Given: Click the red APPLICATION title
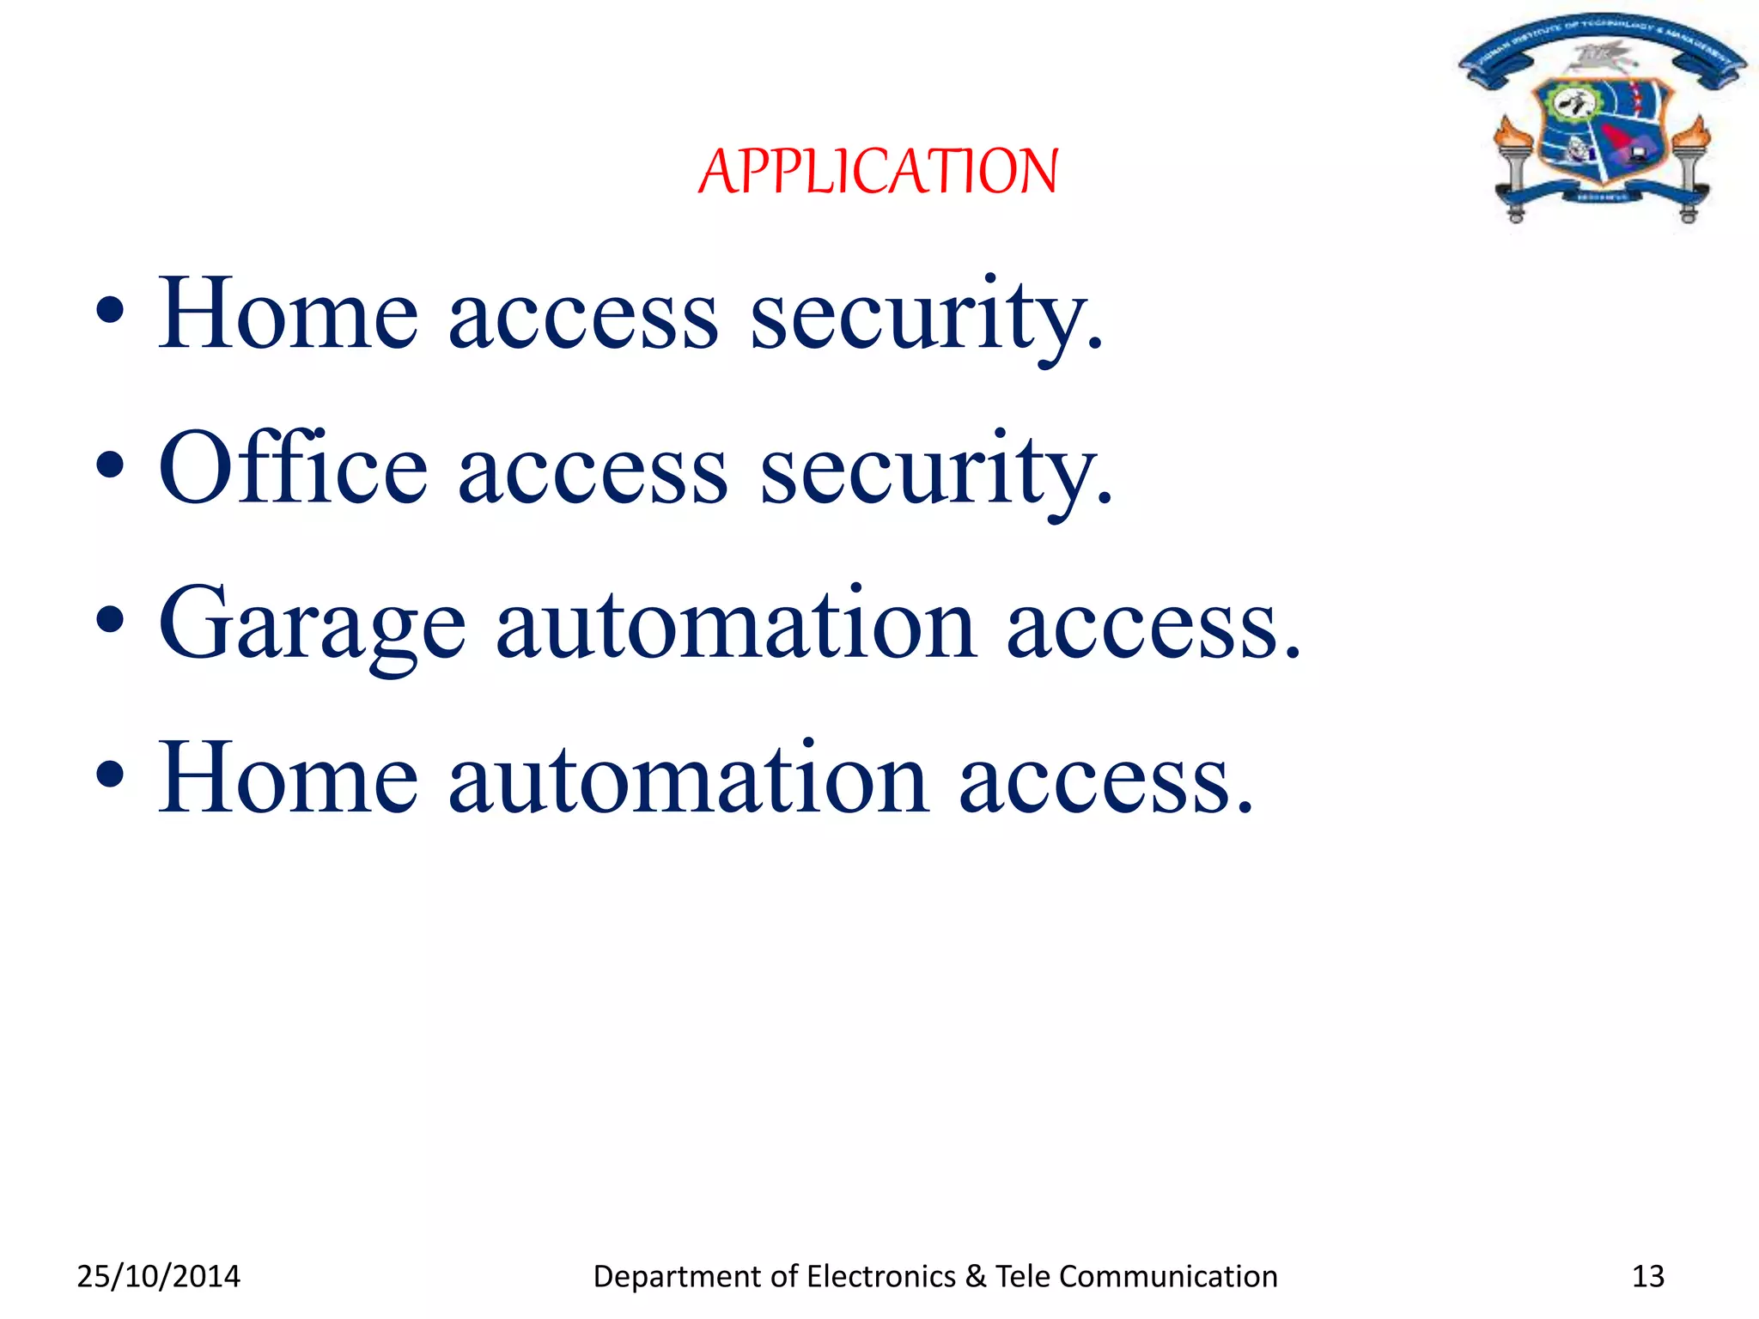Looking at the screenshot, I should tap(878, 171).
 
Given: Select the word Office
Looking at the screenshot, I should tap(293, 468).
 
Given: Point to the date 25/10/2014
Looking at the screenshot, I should tap(159, 1276).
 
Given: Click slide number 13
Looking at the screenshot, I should tap(1647, 1276).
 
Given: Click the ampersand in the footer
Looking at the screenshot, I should tap(975, 1276).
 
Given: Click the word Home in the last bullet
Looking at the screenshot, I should tap(289, 778).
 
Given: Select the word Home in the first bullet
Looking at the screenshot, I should tap(289, 314).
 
